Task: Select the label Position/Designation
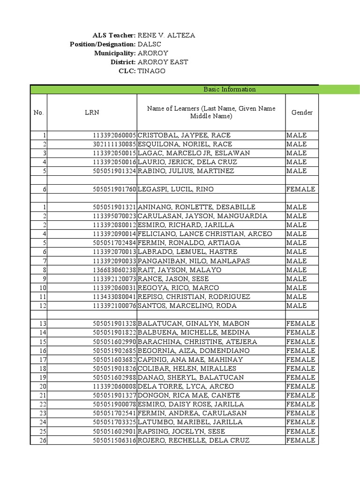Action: tap(103, 44)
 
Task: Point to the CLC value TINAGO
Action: tap(151, 71)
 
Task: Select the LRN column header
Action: tap(92, 112)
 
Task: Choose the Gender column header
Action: tap(302, 112)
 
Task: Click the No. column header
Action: tap(38, 112)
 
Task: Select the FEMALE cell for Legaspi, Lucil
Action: tap(300, 189)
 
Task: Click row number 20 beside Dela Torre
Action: tap(44, 386)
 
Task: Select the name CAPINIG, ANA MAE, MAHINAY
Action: tap(190, 360)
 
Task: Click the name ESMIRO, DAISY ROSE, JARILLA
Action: tap(191, 404)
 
